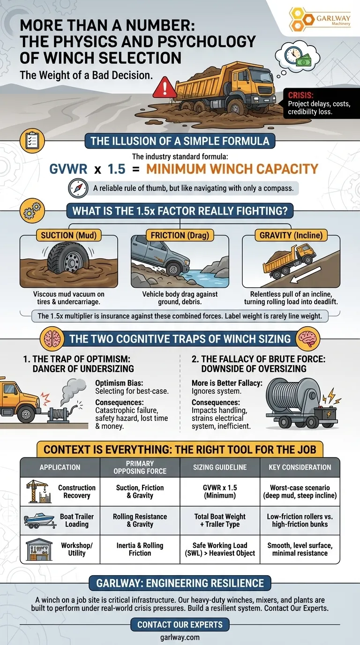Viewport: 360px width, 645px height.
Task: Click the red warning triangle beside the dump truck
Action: (x=165, y=88)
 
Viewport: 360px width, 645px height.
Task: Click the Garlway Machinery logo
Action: (x=319, y=19)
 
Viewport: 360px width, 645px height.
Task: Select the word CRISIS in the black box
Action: (x=300, y=95)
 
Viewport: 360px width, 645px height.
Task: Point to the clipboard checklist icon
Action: (x=32, y=141)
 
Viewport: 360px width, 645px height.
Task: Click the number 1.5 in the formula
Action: (x=117, y=169)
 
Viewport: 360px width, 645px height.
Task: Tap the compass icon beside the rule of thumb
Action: (x=78, y=188)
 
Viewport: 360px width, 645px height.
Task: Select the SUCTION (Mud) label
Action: (x=68, y=235)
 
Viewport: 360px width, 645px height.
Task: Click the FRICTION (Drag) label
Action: (x=180, y=235)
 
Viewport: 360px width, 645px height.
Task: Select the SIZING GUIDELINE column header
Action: (x=220, y=467)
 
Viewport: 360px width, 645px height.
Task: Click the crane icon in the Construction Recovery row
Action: (x=39, y=491)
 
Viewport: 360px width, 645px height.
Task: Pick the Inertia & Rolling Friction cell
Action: (x=140, y=549)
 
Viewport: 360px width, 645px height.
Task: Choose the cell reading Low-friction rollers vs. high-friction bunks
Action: (x=300, y=520)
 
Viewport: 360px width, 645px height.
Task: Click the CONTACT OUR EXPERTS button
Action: (x=180, y=624)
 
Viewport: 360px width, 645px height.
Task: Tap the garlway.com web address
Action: (x=180, y=637)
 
